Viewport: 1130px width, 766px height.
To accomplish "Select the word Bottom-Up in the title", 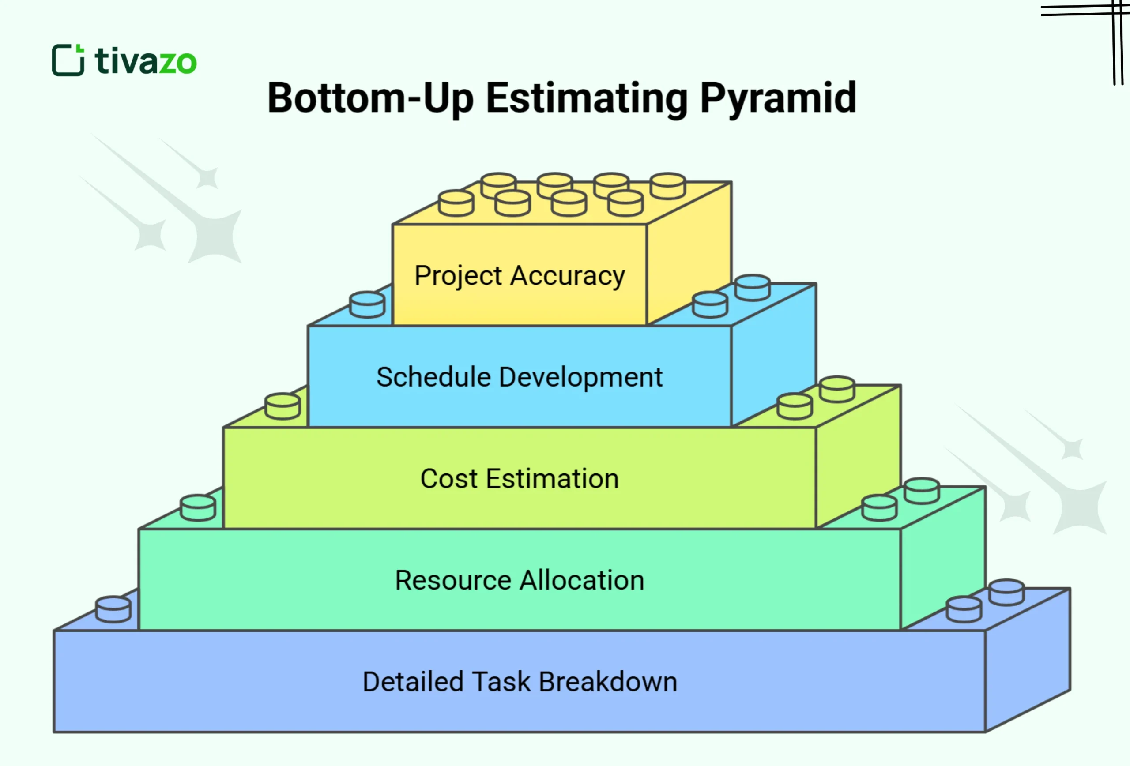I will [x=370, y=98].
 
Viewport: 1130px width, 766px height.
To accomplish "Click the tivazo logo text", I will [x=146, y=61].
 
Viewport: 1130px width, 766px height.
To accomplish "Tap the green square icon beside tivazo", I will [x=68, y=60].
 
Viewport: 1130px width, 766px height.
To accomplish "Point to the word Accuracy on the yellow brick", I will [x=568, y=276].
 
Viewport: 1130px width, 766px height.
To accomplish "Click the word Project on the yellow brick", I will [x=458, y=276].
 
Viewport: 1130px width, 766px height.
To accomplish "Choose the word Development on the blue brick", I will [x=580, y=377].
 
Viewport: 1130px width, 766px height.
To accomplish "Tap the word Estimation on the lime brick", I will [x=552, y=479].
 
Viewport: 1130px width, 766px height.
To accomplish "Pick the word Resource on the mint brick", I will [x=453, y=580].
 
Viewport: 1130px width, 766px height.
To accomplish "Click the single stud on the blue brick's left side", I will [x=367, y=304].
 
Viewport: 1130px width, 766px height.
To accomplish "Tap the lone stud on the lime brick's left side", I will [x=282, y=406].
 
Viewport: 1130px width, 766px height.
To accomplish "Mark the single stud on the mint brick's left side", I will [x=198, y=507].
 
